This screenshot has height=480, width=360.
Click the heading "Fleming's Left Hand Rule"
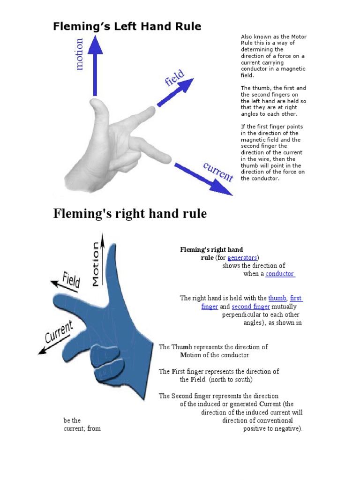coord(127,26)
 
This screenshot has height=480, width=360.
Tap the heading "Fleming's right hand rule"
coord(130,214)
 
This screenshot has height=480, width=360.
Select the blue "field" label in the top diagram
coord(174,78)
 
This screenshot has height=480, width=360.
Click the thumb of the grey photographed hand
coord(100,112)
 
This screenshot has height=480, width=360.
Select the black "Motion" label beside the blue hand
coord(96,263)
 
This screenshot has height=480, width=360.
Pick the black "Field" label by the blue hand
coord(71,280)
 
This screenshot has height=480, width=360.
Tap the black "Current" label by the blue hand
coord(59,332)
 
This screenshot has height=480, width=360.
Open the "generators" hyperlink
coord(242,258)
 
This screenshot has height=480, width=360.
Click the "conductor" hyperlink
coord(280,274)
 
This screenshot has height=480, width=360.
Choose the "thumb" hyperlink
coord(277,298)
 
